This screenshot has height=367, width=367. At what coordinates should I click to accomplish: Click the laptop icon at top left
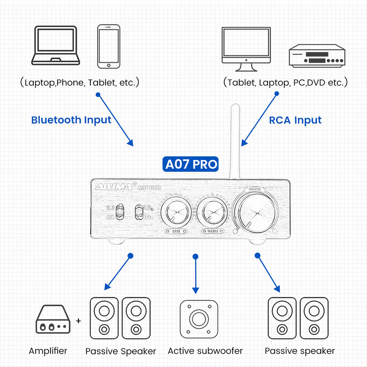[56, 45]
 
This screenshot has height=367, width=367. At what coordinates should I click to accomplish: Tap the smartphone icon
[109, 47]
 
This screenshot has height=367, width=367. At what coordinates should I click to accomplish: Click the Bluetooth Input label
[71, 120]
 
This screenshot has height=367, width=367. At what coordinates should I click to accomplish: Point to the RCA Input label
[295, 120]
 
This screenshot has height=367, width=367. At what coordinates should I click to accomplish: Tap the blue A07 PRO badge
[191, 164]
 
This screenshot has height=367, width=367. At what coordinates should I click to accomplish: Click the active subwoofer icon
[199, 319]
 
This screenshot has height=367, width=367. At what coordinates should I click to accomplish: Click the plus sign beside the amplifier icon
[78, 320]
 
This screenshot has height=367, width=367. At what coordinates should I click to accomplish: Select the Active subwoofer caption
[205, 351]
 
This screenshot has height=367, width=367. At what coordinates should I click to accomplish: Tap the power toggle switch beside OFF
[120, 212]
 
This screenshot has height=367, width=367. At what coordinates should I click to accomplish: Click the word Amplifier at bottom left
[48, 351]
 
